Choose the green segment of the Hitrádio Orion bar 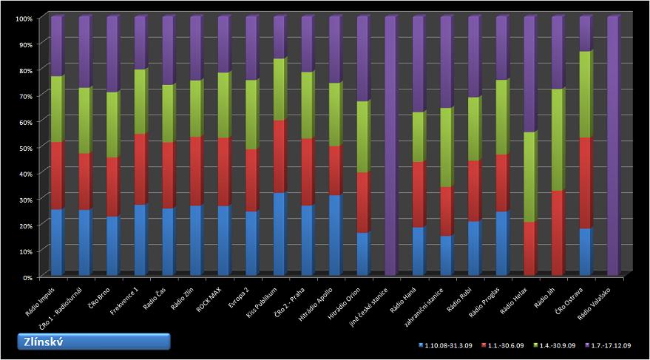[x=362, y=137]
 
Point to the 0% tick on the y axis [x=27, y=276]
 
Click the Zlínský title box [x=94, y=341]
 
